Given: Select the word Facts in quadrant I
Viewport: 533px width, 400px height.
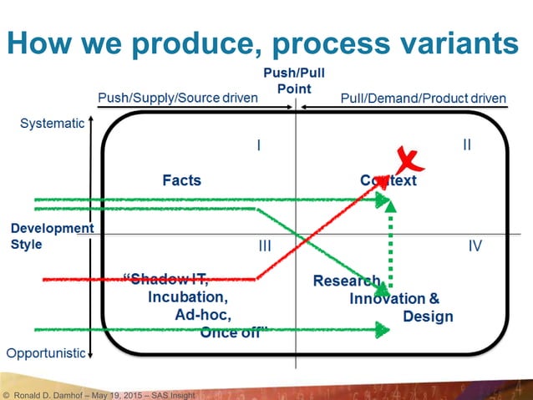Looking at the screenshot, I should pyautogui.click(x=181, y=180).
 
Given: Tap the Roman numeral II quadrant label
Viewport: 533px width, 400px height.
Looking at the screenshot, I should pyautogui.click(x=467, y=145).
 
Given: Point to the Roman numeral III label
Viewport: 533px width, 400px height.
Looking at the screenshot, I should pyautogui.click(x=264, y=246).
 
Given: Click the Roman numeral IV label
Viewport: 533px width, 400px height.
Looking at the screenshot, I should pyautogui.click(x=475, y=246).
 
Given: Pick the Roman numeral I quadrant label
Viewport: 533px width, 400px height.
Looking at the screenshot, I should pyautogui.click(x=259, y=145).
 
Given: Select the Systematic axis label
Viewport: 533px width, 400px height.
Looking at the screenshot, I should pyautogui.click(x=51, y=124).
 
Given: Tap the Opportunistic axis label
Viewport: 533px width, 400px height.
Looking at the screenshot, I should pyautogui.click(x=45, y=352).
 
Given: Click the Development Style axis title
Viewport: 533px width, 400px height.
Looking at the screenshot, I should pyautogui.click(x=51, y=236).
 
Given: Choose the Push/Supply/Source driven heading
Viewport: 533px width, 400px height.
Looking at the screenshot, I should pyautogui.click(x=178, y=98).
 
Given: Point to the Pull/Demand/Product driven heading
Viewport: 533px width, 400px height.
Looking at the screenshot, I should pyautogui.click(x=424, y=98).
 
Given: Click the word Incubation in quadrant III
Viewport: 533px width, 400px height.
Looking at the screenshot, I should pyautogui.click(x=186, y=296).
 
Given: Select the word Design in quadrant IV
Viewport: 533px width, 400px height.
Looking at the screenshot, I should pyautogui.click(x=428, y=316).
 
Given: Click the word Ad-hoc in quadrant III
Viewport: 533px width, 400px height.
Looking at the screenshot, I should pyautogui.click(x=203, y=315).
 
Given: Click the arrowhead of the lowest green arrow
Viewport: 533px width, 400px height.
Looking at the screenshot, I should pyautogui.click(x=383, y=330).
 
